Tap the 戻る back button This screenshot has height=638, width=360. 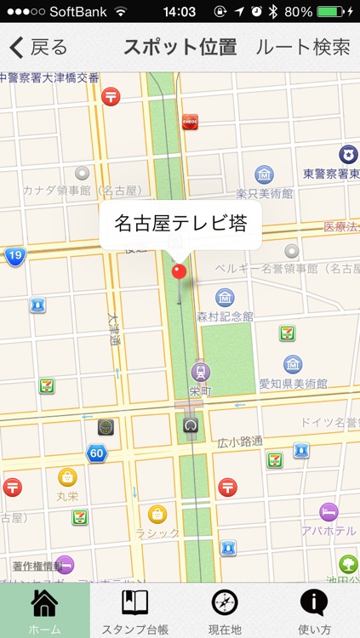click(x=38, y=48)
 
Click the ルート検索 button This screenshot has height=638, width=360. click(x=302, y=48)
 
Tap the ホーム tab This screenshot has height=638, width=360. click(x=44, y=611)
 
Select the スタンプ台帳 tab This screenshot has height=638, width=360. click(x=134, y=611)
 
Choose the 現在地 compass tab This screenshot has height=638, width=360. click(x=225, y=611)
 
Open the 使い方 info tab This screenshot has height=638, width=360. click(x=315, y=611)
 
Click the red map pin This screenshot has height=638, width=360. click(x=179, y=271)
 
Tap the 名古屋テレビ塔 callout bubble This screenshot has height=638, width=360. click(x=180, y=225)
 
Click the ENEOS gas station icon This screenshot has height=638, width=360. click(x=191, y=122)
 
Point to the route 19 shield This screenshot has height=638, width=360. click(x=14, y=256)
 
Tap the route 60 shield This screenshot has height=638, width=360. click(x=96, y=453)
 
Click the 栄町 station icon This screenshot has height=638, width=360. click(x=201, y=372)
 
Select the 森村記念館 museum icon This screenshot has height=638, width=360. click(x=225, y=298)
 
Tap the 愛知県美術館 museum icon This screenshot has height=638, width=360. click(x=293, y=363)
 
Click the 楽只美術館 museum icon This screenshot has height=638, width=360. click(x=265, y=175)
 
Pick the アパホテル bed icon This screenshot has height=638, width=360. click(x=329, y=511)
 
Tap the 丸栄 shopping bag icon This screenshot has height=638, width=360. click(x=67, y=476)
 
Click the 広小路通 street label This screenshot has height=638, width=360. click(x=240, y=441)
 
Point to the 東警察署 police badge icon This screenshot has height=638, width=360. click(x=348, y=154)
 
